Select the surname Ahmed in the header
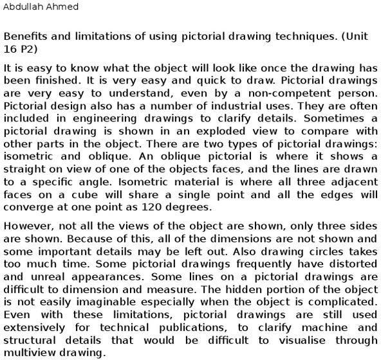coord(63,8)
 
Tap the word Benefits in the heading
coord(24,36)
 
